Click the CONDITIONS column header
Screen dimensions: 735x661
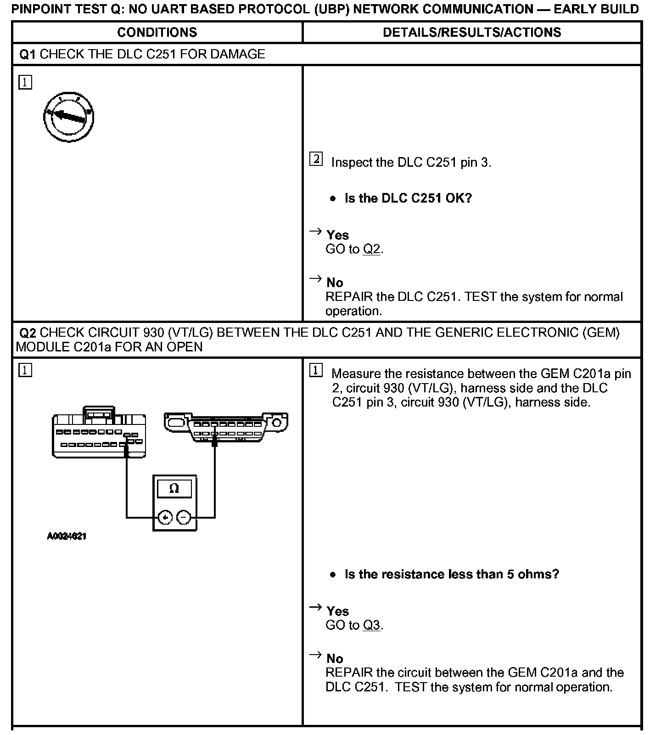(157, 32)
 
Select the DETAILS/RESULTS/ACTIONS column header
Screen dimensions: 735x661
(472, 32)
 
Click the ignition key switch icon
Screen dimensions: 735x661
(69, 117)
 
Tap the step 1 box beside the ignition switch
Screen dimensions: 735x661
(25, 83)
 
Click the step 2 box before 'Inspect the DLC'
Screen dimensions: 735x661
(316, 159)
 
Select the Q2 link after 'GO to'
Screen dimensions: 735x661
(371, 249)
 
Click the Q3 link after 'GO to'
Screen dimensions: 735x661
(371, 625)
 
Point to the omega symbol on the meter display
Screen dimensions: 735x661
(174, 488)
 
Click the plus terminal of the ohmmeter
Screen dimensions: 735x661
(165, 518)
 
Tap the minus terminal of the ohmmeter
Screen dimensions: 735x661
(184, 518)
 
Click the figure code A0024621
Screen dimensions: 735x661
(67, 536)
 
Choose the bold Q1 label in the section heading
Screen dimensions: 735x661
(27, 54)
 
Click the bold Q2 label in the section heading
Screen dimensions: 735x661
(28, 333)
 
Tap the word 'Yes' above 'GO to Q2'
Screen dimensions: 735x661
(337, 235)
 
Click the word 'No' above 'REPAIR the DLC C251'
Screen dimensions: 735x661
(335, 283)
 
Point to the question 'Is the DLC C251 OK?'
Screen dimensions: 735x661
(408, 198)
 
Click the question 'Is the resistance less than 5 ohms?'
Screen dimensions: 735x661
(452, 574)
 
